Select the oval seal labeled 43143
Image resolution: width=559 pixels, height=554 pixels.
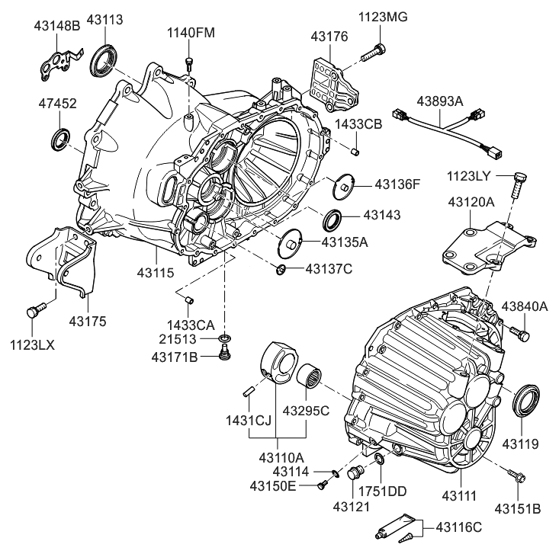point(333,220)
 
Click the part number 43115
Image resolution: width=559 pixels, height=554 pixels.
point(156,271)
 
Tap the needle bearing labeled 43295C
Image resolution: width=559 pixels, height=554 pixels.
point(307,375)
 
